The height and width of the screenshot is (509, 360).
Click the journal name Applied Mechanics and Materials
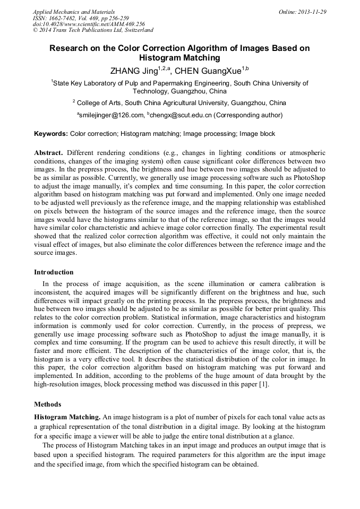click(x=74, y=12)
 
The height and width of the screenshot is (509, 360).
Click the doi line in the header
click(x=88, y=24)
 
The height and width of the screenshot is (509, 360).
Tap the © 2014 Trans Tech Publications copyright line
click(x=93, y=31)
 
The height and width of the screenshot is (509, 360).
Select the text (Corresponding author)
click(x=248, y=115)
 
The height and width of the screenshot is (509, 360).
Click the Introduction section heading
click(x=54, y=272)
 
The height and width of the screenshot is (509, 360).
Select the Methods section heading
click(x=47, y=404)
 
